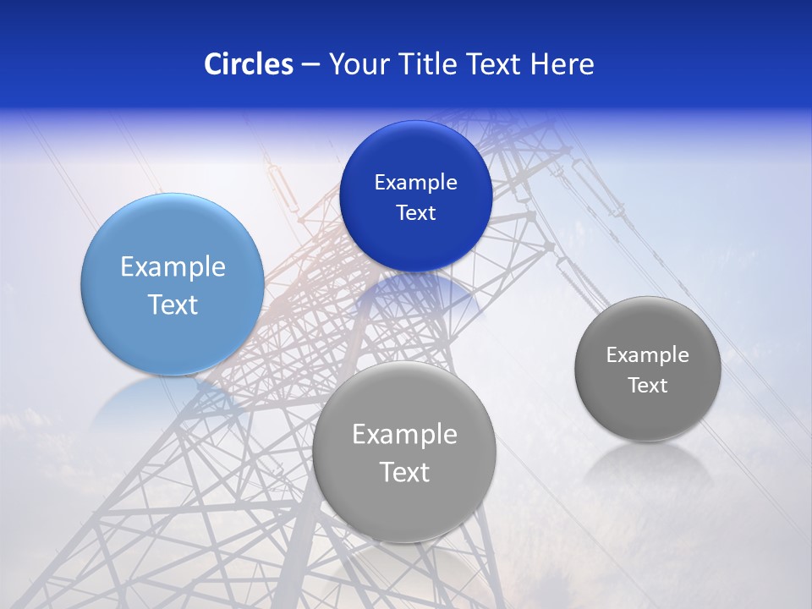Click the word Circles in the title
click(x=248, y=64)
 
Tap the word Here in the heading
click(x=562, y=64)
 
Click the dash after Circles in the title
click(x=310, y=65)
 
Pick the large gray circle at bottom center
click(x=404, y=507)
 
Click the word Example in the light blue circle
click(x=173, y=267)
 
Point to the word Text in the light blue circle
click(x=173, y=304)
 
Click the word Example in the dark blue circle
click(x=415, y=183)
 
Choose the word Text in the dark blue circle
click(x=415, y=213)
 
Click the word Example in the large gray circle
click(x=404, y=435)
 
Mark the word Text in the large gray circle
click(x=404, y=472)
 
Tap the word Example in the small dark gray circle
click(x=648, y=355)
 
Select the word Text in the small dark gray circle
click(x=648, y=386)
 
